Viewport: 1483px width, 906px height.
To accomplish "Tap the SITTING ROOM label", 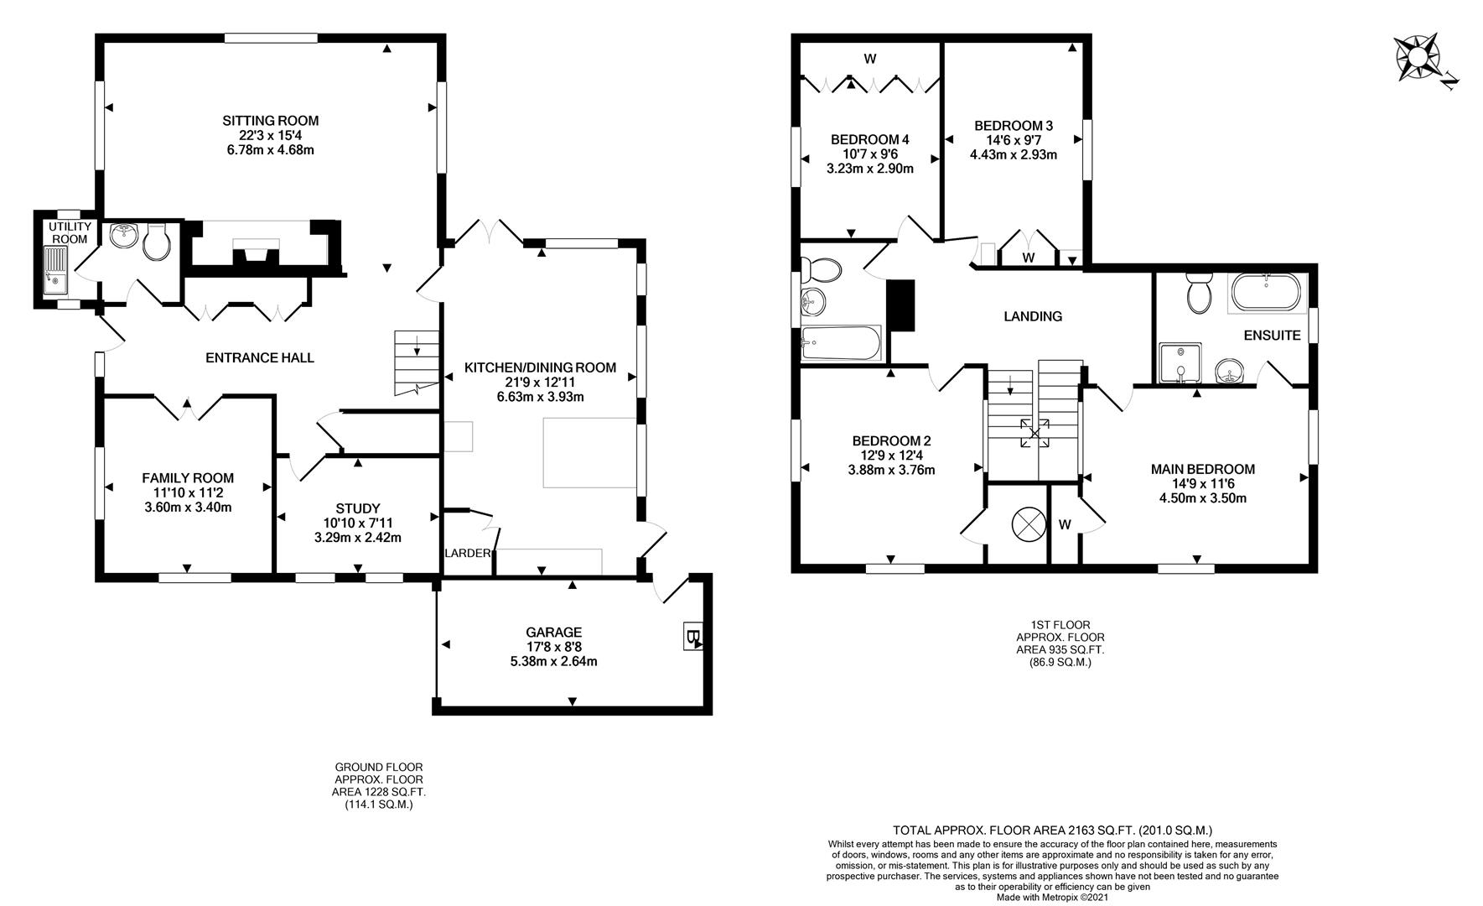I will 270,121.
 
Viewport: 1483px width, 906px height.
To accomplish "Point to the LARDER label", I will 467,553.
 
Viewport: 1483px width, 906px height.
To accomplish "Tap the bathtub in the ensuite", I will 1266,293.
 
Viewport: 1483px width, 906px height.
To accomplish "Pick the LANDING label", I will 1033,316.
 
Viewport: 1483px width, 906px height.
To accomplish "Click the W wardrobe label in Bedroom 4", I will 870,59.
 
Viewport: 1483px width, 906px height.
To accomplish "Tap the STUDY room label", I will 358,508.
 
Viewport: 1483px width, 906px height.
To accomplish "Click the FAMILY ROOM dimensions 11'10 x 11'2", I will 188,492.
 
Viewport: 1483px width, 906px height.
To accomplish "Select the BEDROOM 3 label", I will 1014,126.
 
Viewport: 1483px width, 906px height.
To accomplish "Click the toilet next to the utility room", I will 156,243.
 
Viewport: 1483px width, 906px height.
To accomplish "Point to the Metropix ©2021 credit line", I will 1052,897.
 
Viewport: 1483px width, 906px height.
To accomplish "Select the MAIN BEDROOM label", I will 1202,469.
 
